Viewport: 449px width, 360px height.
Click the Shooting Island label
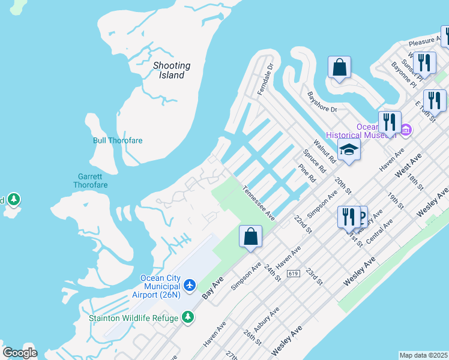[x=171, y=70]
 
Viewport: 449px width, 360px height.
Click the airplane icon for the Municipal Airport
[x=190, y=284]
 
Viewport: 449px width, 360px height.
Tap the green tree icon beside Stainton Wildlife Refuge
[x=188, y=317]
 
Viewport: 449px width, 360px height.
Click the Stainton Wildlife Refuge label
[x=133, y=318]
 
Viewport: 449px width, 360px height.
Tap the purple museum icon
[x=406, y=130]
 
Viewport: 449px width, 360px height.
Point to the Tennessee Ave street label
[x=259, y=203]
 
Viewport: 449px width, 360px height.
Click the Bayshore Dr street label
[x=322, y=102]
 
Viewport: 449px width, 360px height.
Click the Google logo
[x=20, y=352]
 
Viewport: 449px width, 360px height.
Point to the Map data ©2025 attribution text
[x=423, y=355]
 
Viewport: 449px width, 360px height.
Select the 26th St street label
[x=252, y=337]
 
